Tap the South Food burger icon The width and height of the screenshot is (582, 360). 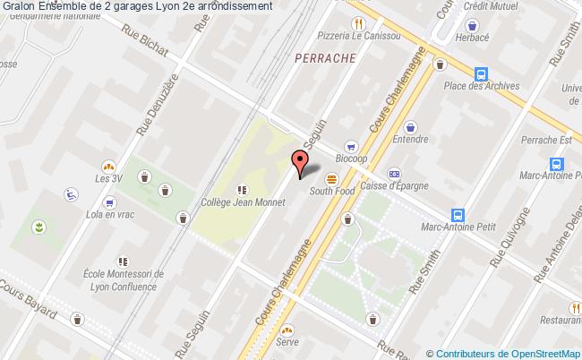pyautogui.click(x=331, y=176)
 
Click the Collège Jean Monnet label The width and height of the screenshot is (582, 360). pyautogui.click(x=243, y=202)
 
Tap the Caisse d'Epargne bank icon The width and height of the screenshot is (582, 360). pyautogui.click(x=394, y=173)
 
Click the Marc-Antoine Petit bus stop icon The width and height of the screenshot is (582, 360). pyautogui.click(x=458, y=215)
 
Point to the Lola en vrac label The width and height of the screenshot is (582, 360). pyautogui.click(x=105, y=216)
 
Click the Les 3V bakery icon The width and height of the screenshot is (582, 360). pyautogui.click(x=108, y=166)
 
